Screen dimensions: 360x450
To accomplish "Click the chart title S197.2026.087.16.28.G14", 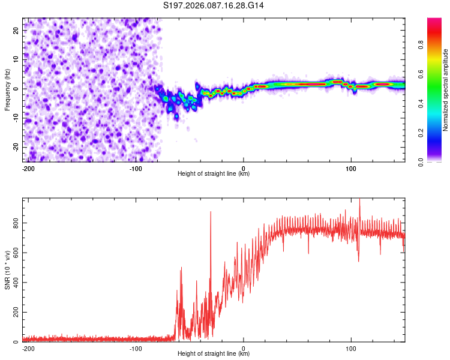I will [x=214, y=5].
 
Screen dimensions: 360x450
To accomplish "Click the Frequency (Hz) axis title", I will [x=8, y=89].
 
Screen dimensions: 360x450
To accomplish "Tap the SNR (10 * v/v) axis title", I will [x=8, y=270].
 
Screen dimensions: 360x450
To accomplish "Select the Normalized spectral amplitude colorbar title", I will [x=445, y=90].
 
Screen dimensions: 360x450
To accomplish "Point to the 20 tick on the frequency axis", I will [x=16, y=30].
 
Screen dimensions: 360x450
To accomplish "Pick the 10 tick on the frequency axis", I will [x=16, y=59].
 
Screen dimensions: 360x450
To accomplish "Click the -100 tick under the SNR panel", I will [x=136, y=348].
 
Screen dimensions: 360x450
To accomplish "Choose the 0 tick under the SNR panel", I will [x=244, y=348].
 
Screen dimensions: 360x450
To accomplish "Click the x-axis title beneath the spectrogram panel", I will [x=214, y=174].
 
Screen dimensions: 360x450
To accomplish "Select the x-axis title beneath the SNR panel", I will [x=214, y=354].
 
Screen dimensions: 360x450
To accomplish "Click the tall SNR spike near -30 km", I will [x=211, y=213].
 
